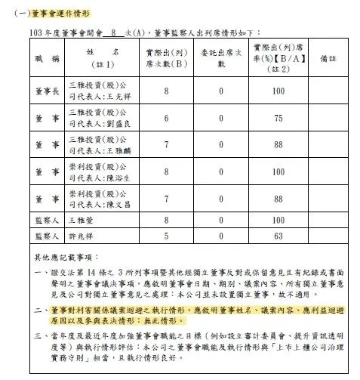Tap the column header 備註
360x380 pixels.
click(328, 57)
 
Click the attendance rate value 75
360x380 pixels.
click(278, 118)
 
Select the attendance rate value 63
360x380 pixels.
click(278, 236)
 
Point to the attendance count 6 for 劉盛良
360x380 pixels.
click(166, 118)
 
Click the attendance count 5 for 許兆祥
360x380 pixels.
click(166, 236)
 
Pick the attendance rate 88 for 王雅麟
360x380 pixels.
click(278, 145)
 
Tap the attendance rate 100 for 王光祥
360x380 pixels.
click(278, 91)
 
